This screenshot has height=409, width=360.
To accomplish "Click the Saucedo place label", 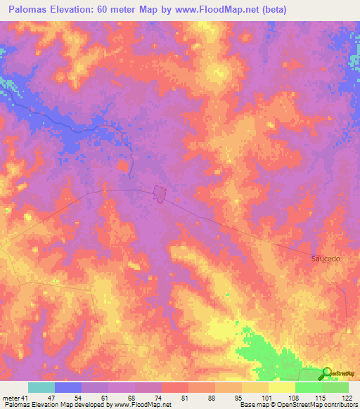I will (x=326, y=259).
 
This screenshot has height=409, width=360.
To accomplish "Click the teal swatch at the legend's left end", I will (x=41, y=387).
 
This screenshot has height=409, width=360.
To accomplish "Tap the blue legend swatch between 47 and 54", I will (x=68, y=387).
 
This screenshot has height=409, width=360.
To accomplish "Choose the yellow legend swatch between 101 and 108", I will (x=281, y=387).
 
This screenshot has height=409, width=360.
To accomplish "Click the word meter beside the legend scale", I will (x=10, y=398).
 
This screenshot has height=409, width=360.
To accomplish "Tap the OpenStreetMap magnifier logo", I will (x=328, y=373).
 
